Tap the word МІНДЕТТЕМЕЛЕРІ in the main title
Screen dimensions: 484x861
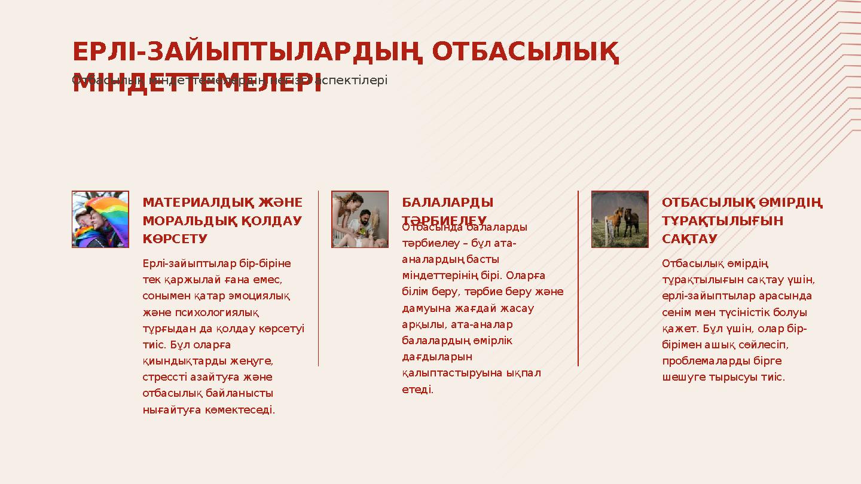tap(197, 84)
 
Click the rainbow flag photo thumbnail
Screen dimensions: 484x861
tap(100, 219)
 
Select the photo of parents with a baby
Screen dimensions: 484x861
tap(360, 219)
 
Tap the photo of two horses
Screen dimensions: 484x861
tap(619, 219)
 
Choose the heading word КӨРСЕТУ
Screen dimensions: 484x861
tap(175, 239)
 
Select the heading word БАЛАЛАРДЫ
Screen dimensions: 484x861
tap(447, 203)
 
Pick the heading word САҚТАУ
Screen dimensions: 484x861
tap(689, 239)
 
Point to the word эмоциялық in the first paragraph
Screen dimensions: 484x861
tap(261, 296)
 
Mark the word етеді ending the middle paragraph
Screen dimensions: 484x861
tap(417, 390)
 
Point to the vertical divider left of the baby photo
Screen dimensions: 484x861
tap(318, 278)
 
